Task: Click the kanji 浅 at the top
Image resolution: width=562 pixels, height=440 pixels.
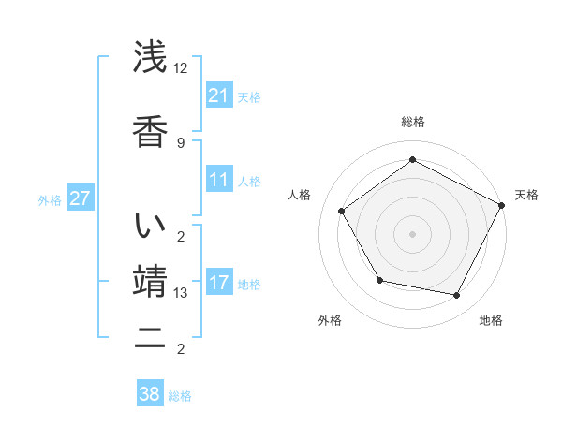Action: coord(151,58)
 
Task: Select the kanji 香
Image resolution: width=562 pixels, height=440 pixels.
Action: coord(151,131)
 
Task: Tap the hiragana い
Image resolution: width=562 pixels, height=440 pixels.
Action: coord(151,227)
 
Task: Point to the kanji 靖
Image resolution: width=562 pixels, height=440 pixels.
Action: coord(151,282)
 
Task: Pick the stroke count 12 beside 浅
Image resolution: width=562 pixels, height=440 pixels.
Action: coord(182,69)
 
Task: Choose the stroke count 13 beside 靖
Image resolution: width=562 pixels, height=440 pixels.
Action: coord(182,293)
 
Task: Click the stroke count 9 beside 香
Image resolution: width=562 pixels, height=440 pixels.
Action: coord(181,142)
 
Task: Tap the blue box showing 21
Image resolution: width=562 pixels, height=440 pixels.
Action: coord(218,95)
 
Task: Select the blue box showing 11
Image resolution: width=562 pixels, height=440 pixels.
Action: coord(218,180)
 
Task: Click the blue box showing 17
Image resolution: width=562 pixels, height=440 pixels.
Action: coord(218,283)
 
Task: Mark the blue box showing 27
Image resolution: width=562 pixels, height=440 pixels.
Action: coord(80,199)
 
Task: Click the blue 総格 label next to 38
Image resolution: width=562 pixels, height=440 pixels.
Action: coord(180,396)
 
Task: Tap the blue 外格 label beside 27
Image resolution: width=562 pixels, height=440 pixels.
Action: coord(51,200)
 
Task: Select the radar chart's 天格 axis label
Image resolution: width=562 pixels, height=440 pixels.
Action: coord(526,195)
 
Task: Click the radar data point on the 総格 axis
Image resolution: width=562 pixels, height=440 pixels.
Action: coord(412,160)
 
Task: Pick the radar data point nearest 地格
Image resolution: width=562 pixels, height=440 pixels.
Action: coord(457,296)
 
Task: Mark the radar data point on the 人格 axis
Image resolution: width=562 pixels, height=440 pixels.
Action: coord(342,211)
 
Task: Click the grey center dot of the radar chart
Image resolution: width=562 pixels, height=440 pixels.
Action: coord(412,233)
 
